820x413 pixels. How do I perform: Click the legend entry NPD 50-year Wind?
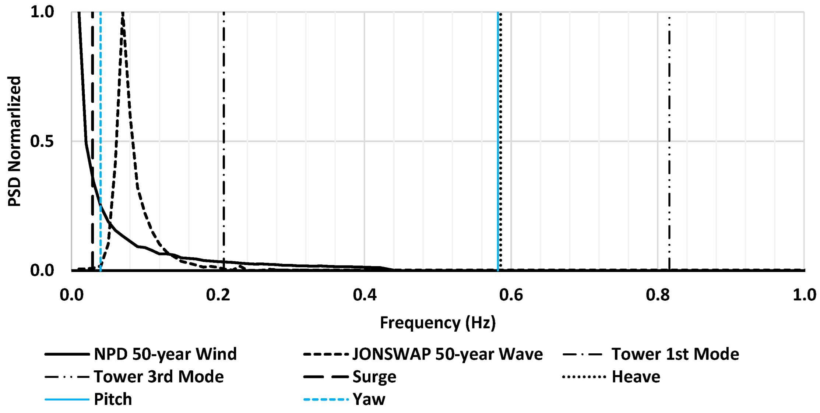click(165, 354)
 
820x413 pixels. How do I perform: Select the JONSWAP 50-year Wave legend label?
click(447, 354)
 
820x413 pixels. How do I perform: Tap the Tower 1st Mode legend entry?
click(675, 354)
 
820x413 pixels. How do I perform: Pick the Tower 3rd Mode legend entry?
click(158, 377)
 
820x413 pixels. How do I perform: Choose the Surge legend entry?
click(374, 377)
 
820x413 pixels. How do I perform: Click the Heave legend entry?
click(636, 377)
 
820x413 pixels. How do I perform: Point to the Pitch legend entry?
click(113, 399)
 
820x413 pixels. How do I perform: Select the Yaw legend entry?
click(369, 399)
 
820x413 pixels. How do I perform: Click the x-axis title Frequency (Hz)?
click(437, 322)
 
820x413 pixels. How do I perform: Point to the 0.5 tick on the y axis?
click(42, 141)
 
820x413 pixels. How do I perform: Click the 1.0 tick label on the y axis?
click(42, 12)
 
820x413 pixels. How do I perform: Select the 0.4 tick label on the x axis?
click(365, 295)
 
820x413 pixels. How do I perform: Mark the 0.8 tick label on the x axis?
click(658, 295)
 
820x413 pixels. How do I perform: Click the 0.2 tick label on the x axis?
click(218, 295)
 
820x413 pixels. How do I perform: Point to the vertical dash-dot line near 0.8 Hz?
click(669, 147)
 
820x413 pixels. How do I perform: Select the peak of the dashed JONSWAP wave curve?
click(123, 15)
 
